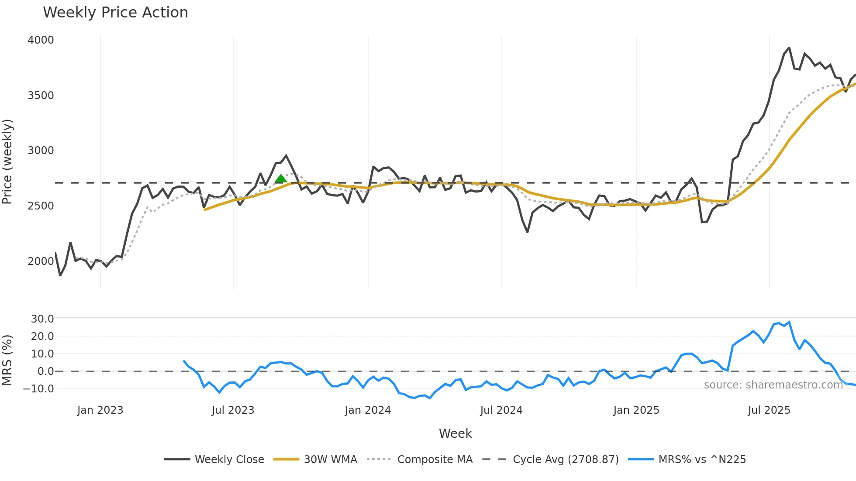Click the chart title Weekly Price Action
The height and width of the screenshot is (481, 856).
pos(115,13)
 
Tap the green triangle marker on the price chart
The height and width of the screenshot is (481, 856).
pos(281,178)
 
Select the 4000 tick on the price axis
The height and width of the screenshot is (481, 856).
pos(41,40)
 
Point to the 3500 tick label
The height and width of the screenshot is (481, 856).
pos(41,96)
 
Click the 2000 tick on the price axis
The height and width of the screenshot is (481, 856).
pos(41,261)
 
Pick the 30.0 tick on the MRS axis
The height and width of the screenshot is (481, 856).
pos(42,319)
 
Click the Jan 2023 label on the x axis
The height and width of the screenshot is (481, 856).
pos(100,410)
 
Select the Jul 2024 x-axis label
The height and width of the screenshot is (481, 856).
pos(501,410)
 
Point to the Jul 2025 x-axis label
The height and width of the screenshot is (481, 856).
pos(769,410)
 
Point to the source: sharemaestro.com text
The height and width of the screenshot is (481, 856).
pos(773,385)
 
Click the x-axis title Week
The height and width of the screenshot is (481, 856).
pos(455,433)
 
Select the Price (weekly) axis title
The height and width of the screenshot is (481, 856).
pos(7,161)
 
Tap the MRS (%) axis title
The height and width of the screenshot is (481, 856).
pos(7,360)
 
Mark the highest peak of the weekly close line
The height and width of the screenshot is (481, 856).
pos(789,48)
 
